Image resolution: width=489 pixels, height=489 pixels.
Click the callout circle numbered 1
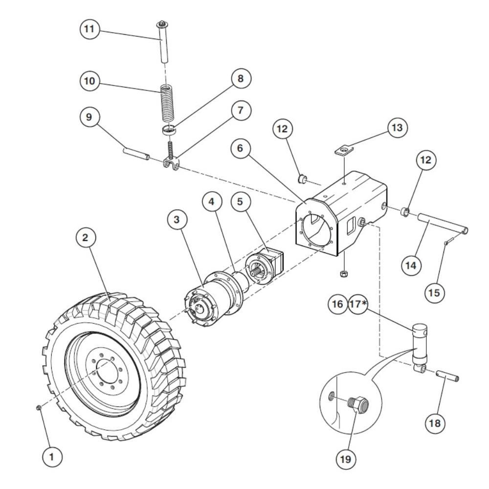[x=52, y=457]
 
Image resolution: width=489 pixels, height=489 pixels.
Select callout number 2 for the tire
[x=85, y=238]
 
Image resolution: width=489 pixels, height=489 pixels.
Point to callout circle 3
[x=177, y=220]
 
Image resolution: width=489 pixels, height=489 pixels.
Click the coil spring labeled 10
[x=168, y=104]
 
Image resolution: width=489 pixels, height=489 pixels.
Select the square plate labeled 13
[x=343, y=151]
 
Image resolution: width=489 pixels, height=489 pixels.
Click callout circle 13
[x=397, y=128]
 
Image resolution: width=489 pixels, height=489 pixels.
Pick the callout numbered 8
[x=240, y=78]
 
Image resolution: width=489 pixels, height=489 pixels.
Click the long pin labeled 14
[x=442, y=225]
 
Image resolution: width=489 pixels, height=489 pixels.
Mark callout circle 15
[x=434, y=292]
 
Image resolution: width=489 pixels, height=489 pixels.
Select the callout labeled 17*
[x=358, y=304]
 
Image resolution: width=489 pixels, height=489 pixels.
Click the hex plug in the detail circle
[x=358, y=404]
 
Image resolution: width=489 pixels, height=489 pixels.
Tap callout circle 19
[x=346, y=459]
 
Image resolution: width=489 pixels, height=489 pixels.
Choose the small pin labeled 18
[x=447, y=376]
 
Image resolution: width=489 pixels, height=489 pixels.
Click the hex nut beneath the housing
[x=343, y=273]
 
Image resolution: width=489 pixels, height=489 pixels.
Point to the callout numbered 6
[x=240, y=148]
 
